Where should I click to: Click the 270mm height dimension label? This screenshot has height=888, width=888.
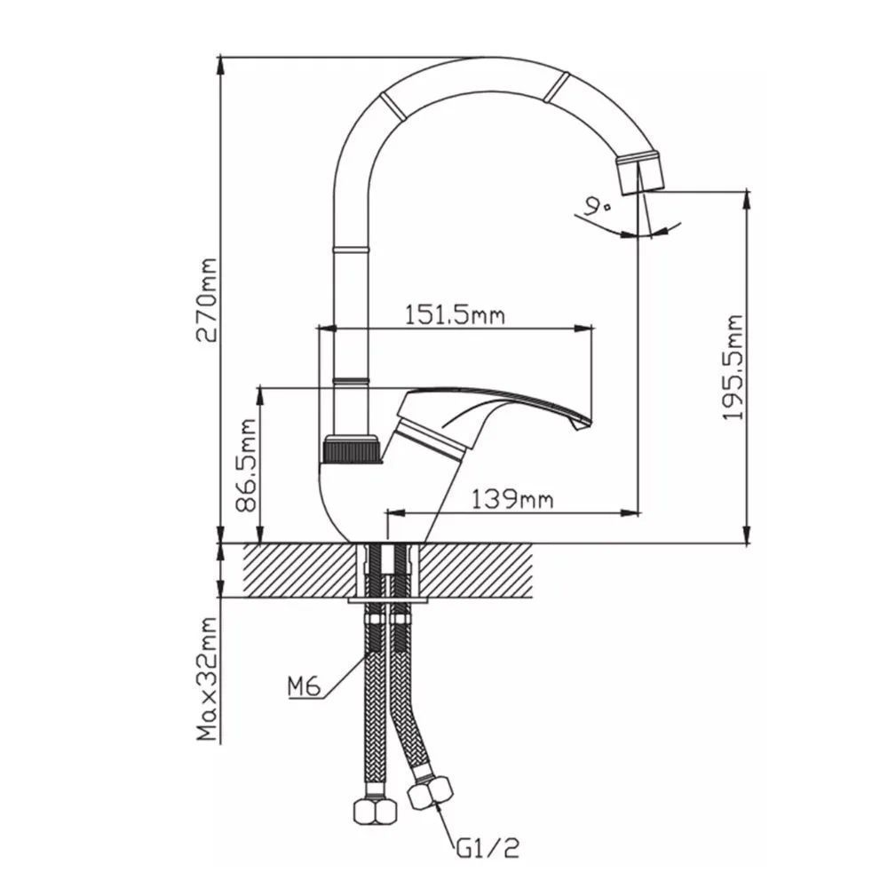(206, 300)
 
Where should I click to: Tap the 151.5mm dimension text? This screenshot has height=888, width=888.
(454, 314)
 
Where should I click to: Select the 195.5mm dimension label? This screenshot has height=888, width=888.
(733, 368)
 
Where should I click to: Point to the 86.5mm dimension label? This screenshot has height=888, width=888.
(246, 465)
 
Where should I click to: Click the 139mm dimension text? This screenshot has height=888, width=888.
(512, 499)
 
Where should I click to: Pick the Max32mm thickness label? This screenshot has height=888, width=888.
(206, 679)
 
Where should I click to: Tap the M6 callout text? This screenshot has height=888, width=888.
(304, 686)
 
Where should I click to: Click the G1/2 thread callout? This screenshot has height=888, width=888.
(488, 848)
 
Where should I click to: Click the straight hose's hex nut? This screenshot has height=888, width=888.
(375, 811)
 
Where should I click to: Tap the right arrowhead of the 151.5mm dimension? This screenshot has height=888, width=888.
(583, 328)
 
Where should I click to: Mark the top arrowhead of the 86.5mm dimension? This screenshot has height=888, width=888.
(260, 396)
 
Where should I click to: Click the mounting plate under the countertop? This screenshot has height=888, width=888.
(387, 599)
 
